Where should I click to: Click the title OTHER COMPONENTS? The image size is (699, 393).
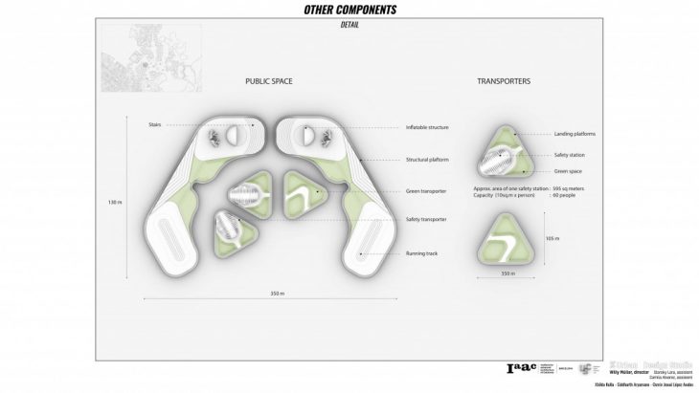(x=349, y=11)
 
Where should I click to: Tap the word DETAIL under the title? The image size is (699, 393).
(x=349, y=25)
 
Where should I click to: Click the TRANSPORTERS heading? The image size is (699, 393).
(x=504, y=83)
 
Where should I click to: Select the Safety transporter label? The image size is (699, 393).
(x=427, y=220)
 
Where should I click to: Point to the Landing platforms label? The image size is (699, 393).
(x=575, y=135)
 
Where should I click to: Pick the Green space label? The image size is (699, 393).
(x=568, y=171)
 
